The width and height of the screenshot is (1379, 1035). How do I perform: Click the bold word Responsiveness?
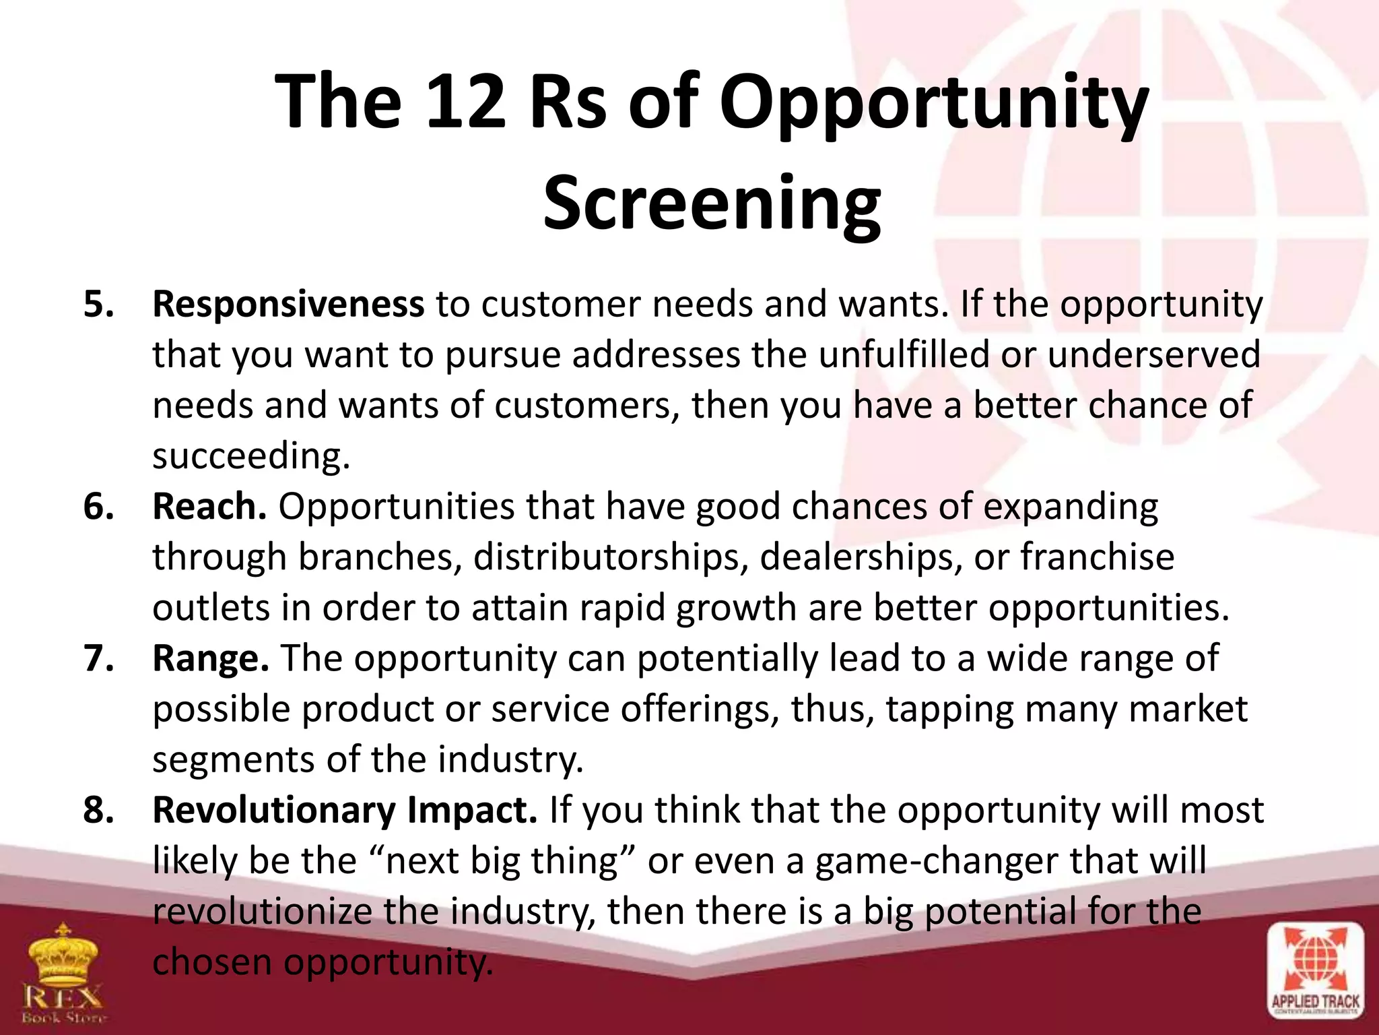288,305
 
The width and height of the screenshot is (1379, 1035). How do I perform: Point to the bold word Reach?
209,507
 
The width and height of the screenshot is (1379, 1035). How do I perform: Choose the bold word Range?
211,658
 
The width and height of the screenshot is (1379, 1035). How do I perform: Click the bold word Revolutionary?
273,810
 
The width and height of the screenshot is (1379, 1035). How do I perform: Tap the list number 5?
98,305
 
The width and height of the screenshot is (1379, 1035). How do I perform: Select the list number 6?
98,507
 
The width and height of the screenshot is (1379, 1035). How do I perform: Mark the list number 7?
98,658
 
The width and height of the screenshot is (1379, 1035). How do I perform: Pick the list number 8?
98,810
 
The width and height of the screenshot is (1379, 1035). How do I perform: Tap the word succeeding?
251,457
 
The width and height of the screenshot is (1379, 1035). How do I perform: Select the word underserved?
1153,355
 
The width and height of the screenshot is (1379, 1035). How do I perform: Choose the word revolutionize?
263,912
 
